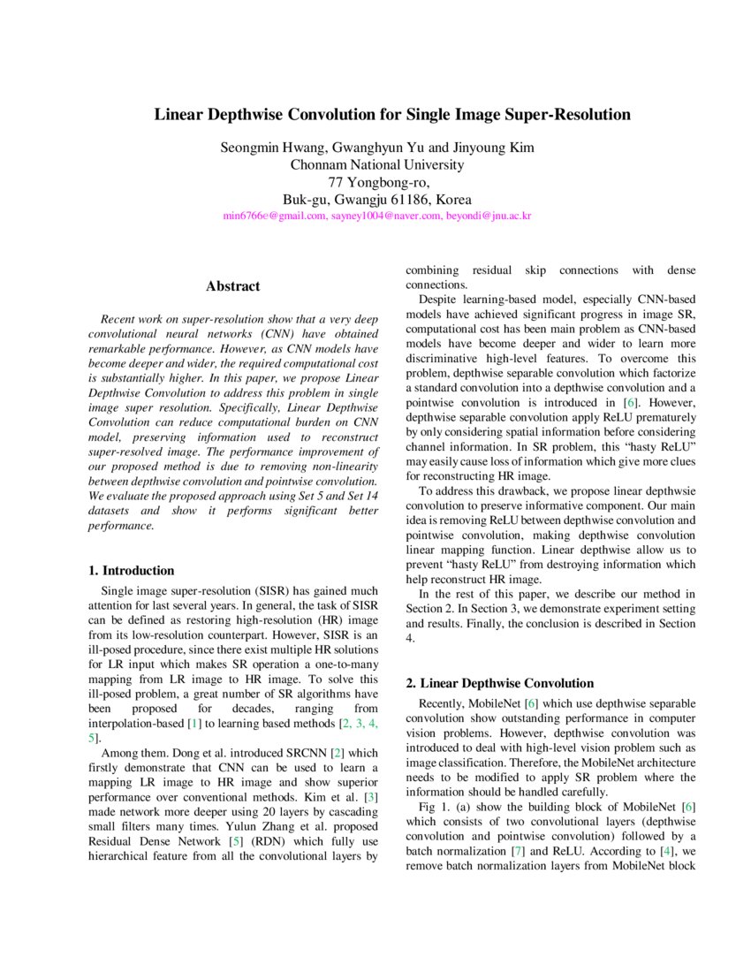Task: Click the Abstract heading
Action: (x=233, y=286)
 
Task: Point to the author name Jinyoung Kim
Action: (x=494, y=148)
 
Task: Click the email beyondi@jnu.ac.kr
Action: (x=488, y=216)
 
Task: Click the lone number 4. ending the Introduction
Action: (x=410, y=638)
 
